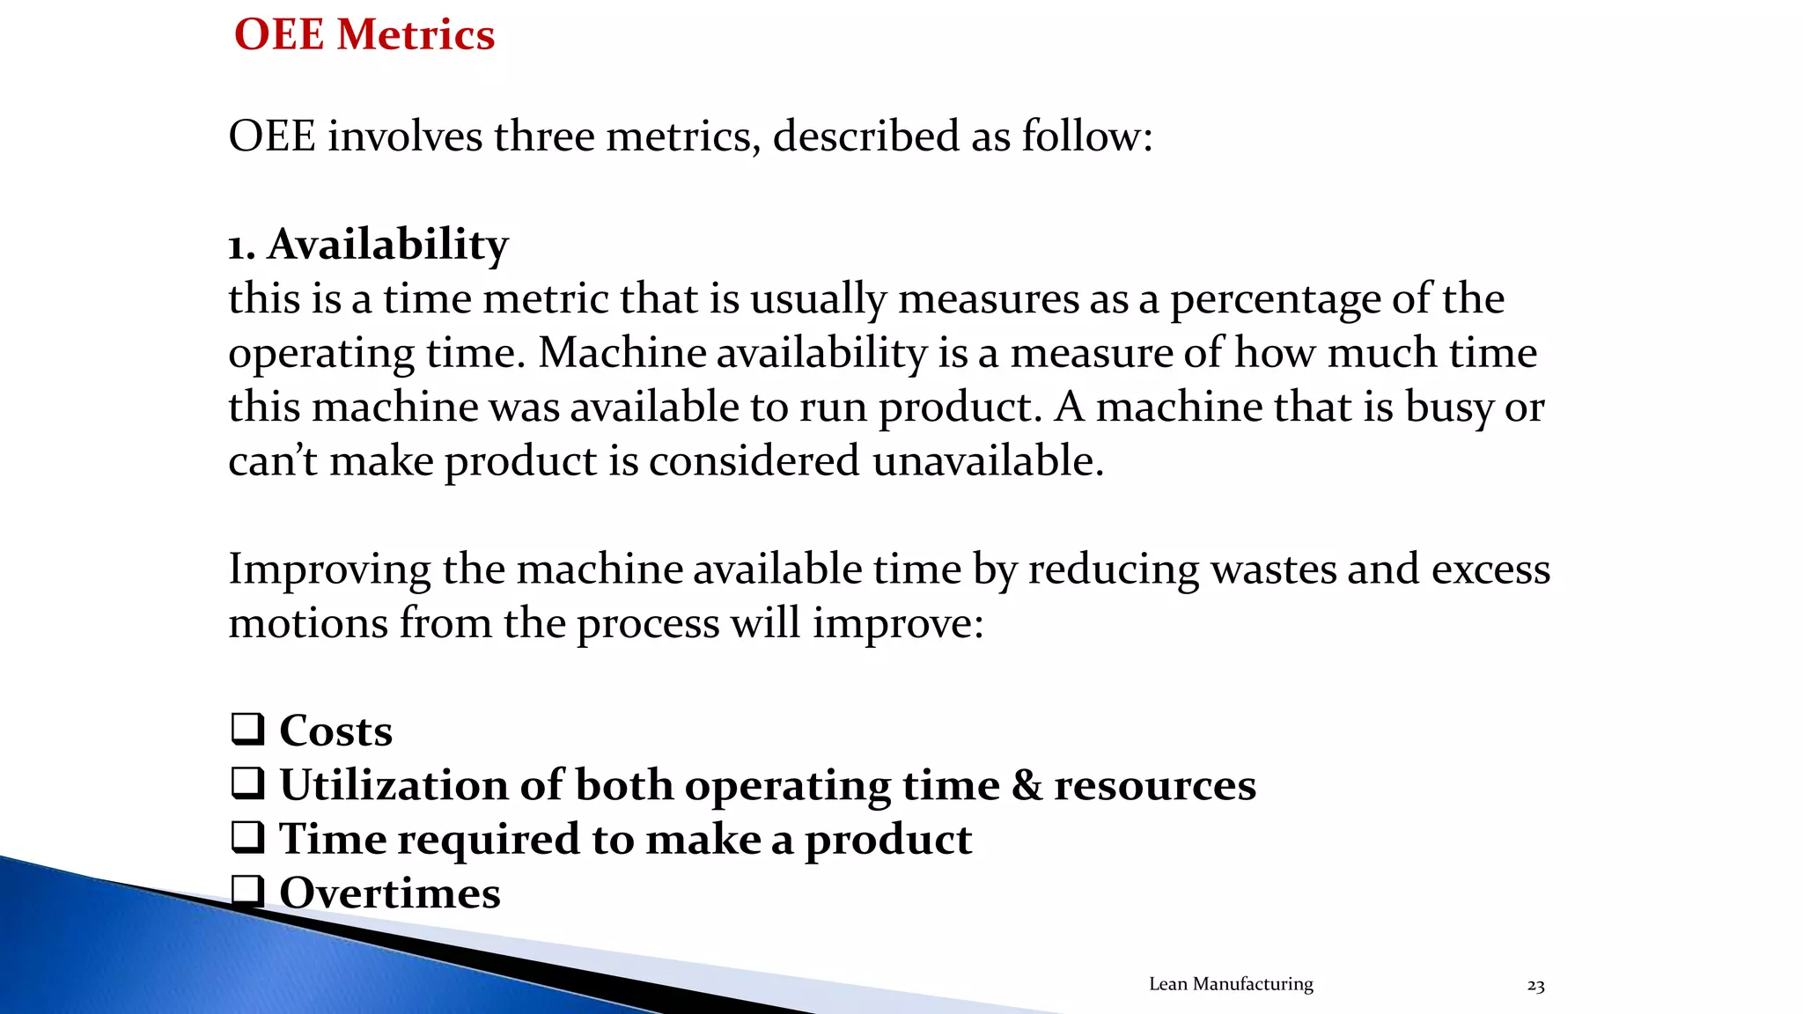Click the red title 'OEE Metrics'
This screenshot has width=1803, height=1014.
(364, 35)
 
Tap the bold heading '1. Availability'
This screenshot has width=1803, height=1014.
(368, 244)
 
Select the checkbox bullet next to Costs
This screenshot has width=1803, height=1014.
(247, 729)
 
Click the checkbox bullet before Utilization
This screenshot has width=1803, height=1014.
(247, 783)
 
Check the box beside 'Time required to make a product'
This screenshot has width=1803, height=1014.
(247, 837)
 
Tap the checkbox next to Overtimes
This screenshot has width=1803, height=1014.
(247, 891)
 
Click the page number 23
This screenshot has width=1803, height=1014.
(1535, 986)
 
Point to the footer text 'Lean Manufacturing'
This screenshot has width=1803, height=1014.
(1230, 984)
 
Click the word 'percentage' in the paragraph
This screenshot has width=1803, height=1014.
(1275, 300)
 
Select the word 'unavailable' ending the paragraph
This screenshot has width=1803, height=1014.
(987, 461)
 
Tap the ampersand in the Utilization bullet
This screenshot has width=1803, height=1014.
(1027, 784)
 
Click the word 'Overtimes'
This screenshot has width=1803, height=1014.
(389, 893)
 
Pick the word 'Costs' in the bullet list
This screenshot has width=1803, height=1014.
(335, 731)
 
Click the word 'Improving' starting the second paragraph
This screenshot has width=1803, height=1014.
(329, 569)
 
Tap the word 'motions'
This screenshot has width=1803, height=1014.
(307, 623)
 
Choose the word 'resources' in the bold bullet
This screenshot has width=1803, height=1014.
(1154, 785)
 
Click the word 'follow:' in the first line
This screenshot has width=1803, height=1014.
(1086, 136)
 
